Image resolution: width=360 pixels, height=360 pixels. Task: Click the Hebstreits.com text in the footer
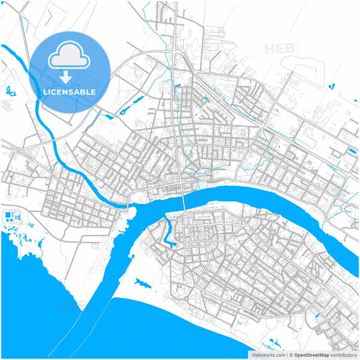coord(269,354)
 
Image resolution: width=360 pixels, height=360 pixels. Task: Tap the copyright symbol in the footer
coord(291,354)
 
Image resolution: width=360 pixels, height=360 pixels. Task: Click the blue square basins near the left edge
coord(11,217)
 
